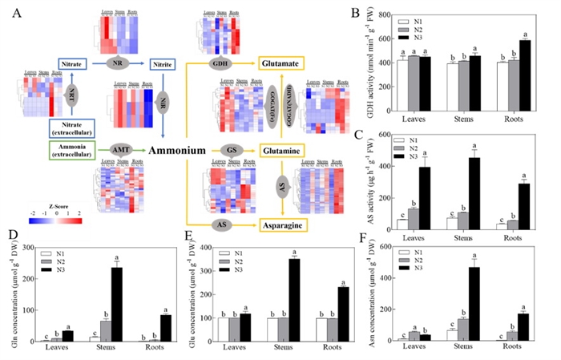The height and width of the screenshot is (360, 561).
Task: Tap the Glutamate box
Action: tap(281, 62)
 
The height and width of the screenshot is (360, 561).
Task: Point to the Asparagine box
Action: tap(281, 227)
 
